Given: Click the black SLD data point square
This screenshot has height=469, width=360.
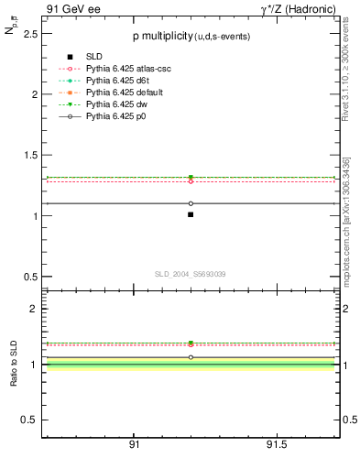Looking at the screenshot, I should (x=191, y=214).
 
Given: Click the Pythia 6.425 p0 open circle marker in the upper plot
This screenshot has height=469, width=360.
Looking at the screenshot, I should (x=191, y=203).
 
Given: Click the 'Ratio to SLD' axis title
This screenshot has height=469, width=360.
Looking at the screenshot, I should (x=14, y=364).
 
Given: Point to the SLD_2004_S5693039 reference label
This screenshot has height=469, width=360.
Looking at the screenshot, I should (x=190, y=274).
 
